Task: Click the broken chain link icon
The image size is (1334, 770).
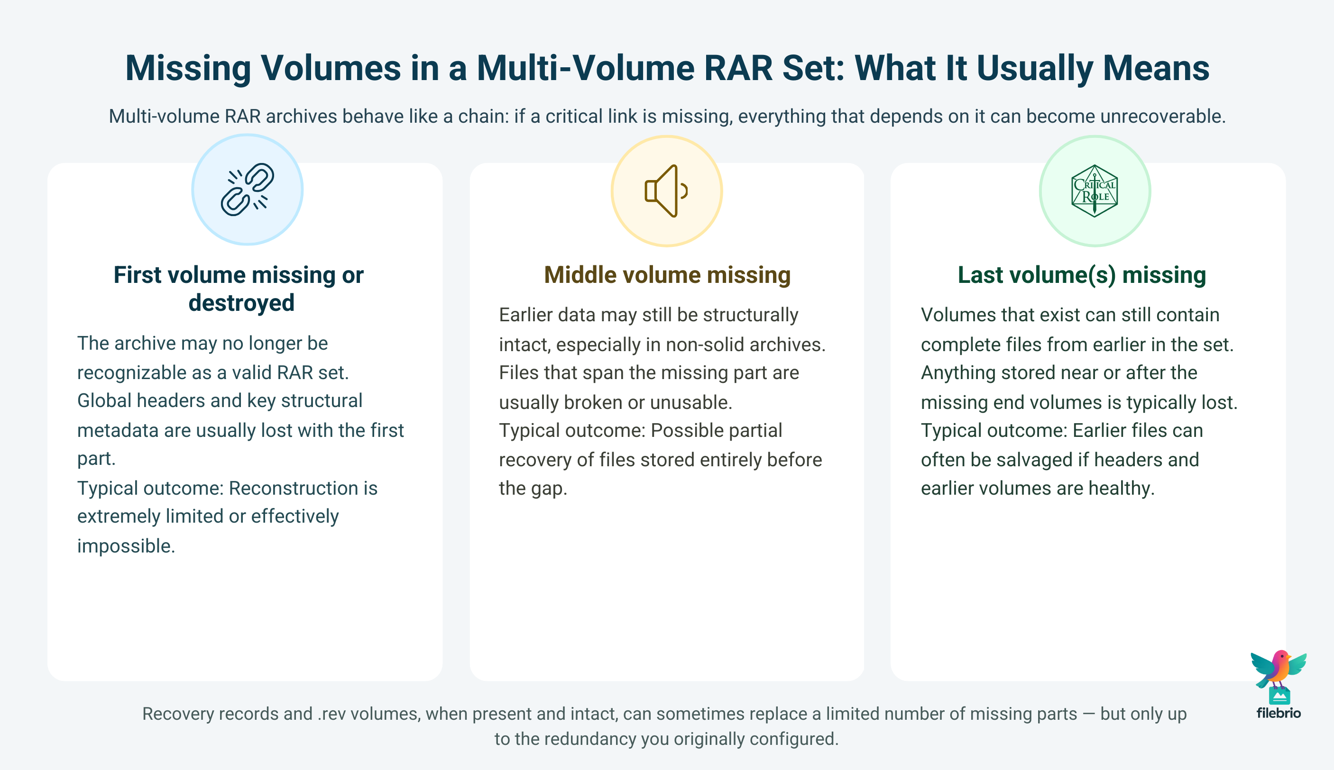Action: pyautogui.click(x=247, y=190)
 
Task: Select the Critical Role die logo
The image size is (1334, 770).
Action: pyautogui.click(x=1095, y=191)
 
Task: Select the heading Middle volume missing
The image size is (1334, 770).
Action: pyautogui.click(x=667, y=275)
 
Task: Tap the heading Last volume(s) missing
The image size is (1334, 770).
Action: pyautogui.click(x=1082, y=275)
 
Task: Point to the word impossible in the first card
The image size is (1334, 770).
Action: pyautogui.click(x=126, y=546)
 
